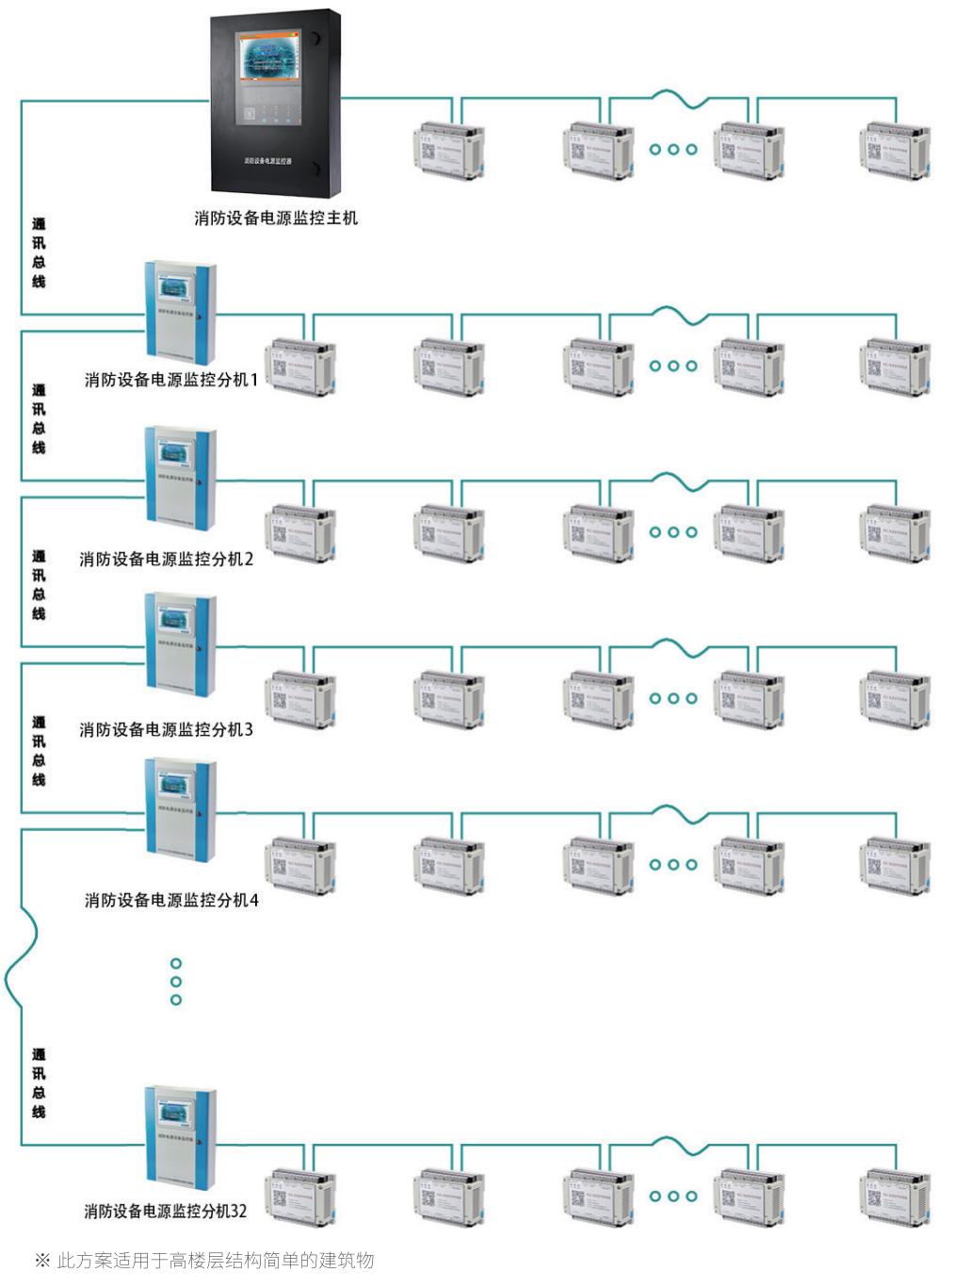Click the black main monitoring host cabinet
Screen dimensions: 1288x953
(x=274, y=104)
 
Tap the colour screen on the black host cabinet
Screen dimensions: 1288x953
(x=270, y=57)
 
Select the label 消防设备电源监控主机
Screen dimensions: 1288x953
(x=276, y=219)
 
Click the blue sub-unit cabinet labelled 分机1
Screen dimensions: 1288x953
(x=180, y=312)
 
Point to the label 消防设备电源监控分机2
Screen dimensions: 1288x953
(x=167, y=560)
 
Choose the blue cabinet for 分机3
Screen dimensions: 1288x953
(x=180, y=644)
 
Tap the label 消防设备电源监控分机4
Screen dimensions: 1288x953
(x=171, y=901)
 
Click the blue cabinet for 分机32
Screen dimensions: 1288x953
(x=180, y=1136)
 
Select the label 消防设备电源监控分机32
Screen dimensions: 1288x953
(x=166, y=1212)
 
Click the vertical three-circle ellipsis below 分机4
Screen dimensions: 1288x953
(x=176, y=982)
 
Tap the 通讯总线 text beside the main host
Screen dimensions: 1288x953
(x=39, y=253)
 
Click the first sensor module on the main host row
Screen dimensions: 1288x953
(x=448, y=150)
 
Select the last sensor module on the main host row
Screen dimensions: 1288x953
(x=895, y=150)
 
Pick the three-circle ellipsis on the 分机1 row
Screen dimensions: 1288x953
(x=673, y=366)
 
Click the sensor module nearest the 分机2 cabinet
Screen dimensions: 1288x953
(x=300, y=533)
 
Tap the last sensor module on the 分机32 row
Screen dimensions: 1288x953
(x=895, y=1198)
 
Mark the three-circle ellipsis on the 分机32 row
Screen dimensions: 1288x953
(x=673, y=1197)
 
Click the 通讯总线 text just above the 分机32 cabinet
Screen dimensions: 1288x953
(x=39, y=1084)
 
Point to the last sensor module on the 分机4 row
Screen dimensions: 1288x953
(x=895, y=865)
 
